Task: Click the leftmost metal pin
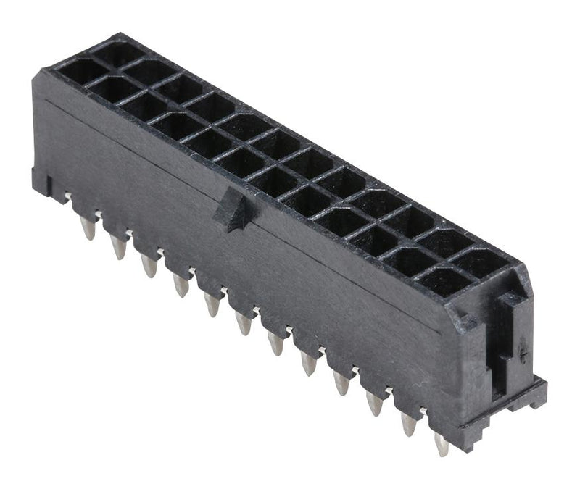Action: (x=88, y=229)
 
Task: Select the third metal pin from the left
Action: (x=149, y=266)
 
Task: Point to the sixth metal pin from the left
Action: (x=244, y=324)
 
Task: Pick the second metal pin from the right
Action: (x=409, y=424)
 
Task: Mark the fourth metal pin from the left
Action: (x=181, y=285)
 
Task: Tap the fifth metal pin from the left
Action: (x=212, y=304)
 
